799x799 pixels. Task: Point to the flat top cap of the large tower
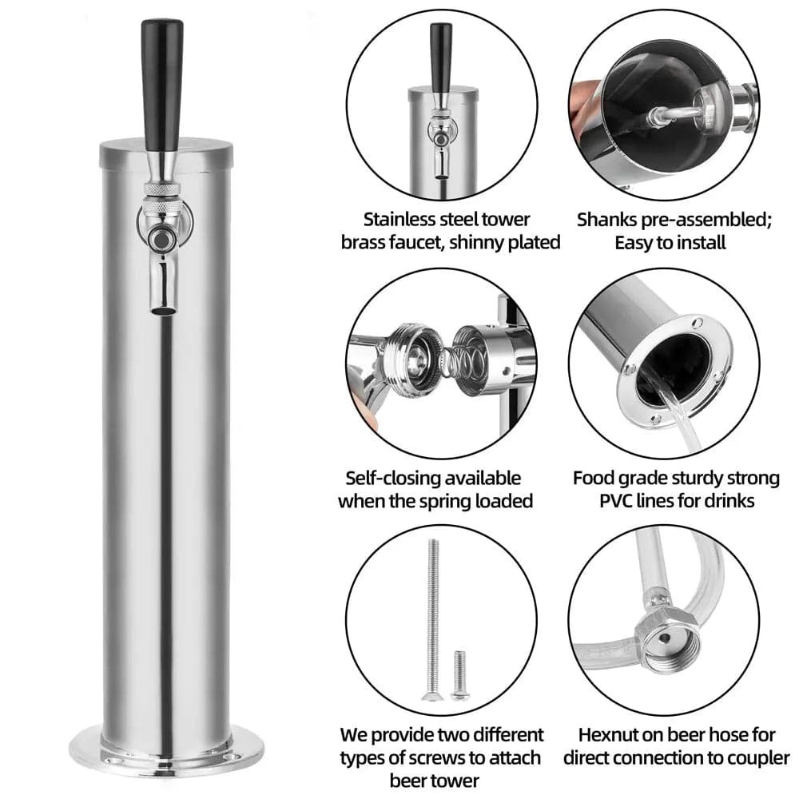pyautogui.click(x=166, y=152)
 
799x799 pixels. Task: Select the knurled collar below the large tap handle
pyautogui.click(x=162, y=189)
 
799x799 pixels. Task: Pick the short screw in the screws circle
pyautogui.click(x=459, y=674)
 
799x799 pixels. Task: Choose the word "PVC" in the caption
pyautogui.click(x=615, y=501)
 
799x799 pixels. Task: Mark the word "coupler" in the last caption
pyautogui.click(x=759, y=758)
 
